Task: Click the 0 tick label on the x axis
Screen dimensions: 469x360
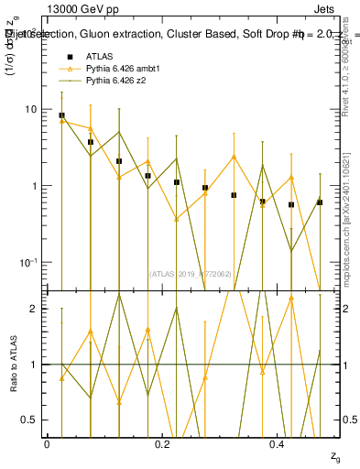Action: (47, 443)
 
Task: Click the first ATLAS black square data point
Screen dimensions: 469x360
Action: (61, 116)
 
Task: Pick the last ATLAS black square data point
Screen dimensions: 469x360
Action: (320, 202)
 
